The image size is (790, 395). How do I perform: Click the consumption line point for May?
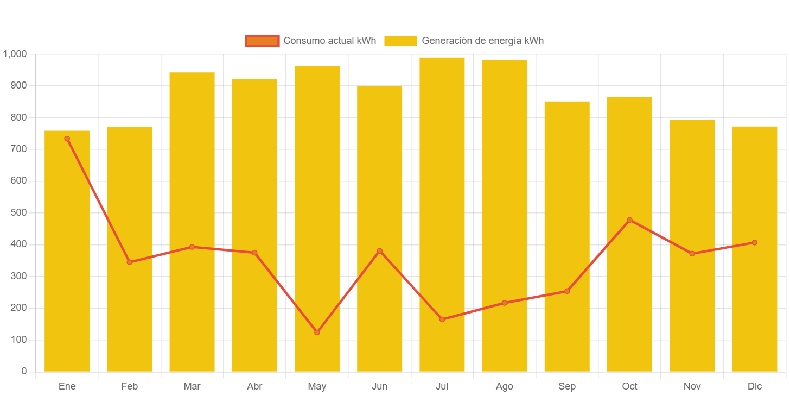317,332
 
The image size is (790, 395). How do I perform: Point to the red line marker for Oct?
629,220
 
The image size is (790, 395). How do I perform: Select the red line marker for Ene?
67,139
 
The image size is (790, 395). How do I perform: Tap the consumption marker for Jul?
442,319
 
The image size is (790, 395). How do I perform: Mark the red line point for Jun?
380,251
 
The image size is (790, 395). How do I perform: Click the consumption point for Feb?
130,262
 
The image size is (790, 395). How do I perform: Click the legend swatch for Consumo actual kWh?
262,41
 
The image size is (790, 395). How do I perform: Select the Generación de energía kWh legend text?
482,41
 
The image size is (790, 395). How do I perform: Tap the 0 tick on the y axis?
24,371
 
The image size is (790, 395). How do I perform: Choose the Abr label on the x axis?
254,386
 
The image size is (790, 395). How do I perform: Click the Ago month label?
505,386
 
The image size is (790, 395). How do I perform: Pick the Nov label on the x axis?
692,386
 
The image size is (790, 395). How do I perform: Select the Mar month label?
192,386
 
